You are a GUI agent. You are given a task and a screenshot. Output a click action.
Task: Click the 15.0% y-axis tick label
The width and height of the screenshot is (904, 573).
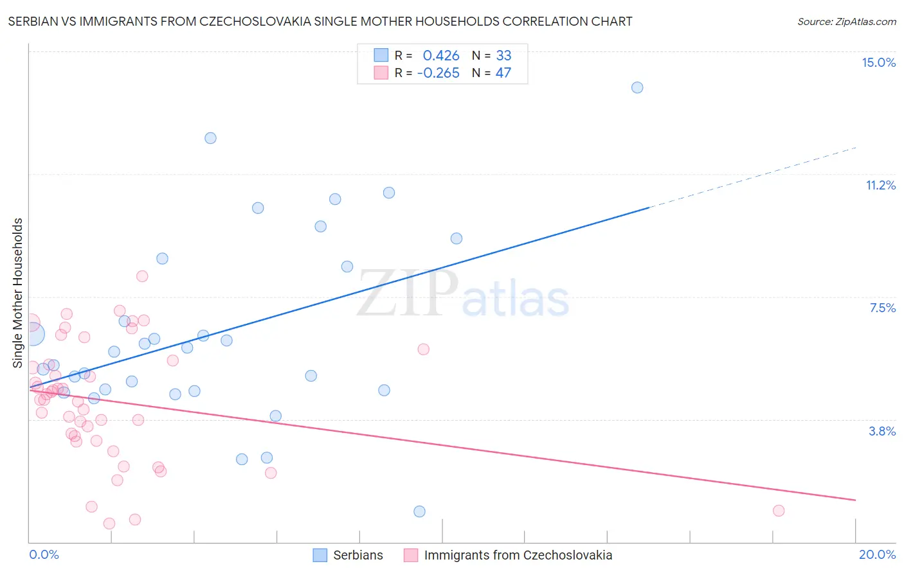coord(878,62)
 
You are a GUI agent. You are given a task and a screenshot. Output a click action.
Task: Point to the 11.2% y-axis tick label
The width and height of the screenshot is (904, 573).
coord(880,185)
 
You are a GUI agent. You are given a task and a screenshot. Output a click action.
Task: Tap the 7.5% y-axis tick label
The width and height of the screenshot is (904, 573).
coord(882,308)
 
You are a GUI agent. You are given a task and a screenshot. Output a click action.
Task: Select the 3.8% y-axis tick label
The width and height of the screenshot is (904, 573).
coord(882,431)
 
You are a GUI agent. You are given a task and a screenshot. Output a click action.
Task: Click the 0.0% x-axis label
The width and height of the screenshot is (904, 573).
coord(44,554)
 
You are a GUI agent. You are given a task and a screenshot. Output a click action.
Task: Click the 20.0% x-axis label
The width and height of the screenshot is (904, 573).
coord(877,554)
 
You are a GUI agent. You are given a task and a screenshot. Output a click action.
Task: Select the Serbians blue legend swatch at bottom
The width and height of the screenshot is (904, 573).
coord(320,555)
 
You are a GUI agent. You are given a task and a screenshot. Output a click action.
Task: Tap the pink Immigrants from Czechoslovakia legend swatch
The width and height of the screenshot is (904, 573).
coord(411,555)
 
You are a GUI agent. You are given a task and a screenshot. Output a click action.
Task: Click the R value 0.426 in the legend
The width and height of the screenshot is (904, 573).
coord(440,55)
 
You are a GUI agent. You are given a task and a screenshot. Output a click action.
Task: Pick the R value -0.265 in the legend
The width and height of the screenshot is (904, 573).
coord(438,73)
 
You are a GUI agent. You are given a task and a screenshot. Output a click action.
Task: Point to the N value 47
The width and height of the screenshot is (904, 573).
coord(503,73)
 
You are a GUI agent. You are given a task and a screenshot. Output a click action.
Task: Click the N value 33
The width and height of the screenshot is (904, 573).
coord(503,55)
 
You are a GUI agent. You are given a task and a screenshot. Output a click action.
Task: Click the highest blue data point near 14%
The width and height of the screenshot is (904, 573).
coord(637,87)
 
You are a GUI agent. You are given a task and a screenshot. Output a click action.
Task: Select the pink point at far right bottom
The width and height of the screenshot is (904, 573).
coord(779,511)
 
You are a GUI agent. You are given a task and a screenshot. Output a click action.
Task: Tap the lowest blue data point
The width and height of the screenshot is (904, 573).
coord(419,511)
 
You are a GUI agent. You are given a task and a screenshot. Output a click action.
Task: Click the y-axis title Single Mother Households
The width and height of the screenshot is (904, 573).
coord(18,293)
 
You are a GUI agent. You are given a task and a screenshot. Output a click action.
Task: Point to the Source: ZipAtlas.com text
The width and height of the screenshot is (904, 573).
coord(846,22)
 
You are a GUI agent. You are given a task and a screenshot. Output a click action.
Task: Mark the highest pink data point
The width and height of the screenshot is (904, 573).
coord(142,276)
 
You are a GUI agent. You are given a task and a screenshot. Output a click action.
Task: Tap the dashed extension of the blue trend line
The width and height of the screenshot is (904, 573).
coord(752,177)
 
